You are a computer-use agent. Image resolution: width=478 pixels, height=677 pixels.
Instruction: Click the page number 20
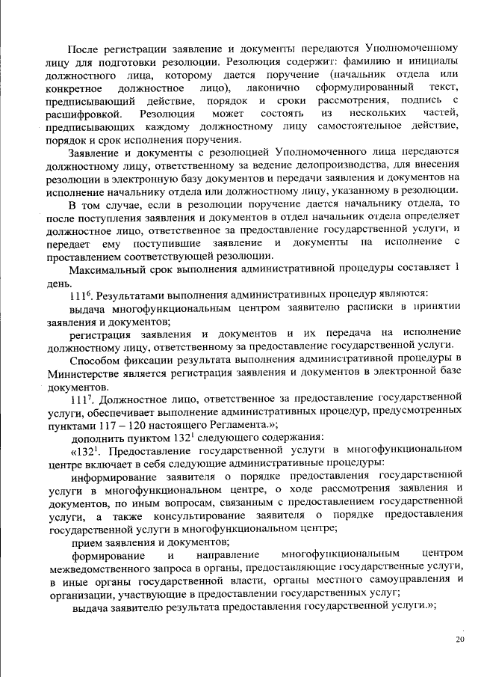459,639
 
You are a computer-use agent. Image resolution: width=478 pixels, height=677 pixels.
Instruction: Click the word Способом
98,361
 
